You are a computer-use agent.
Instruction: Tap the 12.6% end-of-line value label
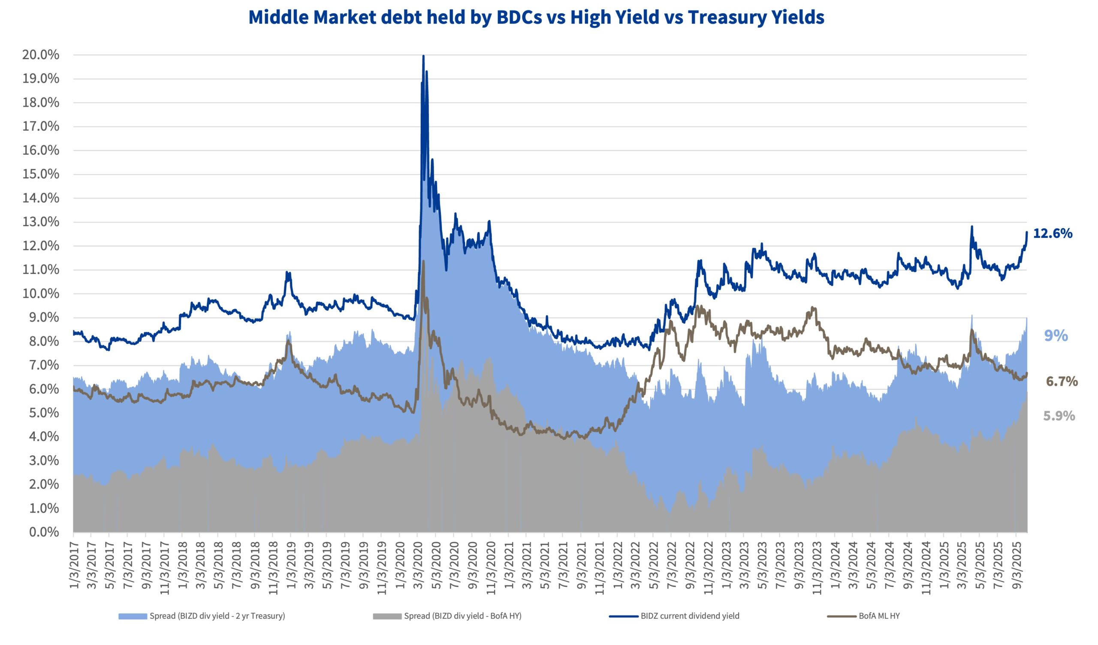point(1053,234)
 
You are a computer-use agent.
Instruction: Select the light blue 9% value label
point(1056,336)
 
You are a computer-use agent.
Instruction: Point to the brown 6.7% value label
point(1062,381)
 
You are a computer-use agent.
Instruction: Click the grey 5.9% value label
point(1059,416)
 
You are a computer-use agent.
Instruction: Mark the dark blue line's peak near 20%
point(423,56)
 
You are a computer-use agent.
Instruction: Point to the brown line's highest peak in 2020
point(423,261)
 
